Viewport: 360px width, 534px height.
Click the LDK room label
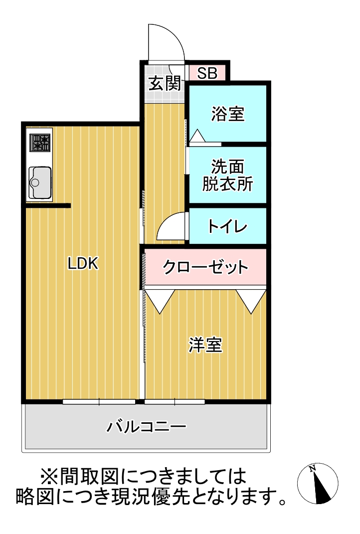[x=84, y=264]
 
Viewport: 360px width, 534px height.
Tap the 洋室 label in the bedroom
[x=205, y=345]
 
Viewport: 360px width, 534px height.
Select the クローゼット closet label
[x=205, y=267]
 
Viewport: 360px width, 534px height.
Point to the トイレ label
[x=227, y=227]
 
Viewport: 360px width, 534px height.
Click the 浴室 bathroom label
[x=227, y=114]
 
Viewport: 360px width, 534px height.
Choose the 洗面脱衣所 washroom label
[x=227, y=175]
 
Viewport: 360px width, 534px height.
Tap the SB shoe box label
[x=207, y=73]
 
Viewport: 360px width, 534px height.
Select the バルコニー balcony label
[x=146, y=427]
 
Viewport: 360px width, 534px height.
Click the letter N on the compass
[x=313, y=469]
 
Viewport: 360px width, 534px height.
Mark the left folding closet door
[x=160, y=301]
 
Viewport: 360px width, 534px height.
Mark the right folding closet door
[x=251, y=301]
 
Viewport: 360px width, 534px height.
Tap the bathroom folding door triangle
[x=197, y=136]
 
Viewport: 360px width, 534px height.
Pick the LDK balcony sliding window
[x=99, y=401]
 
